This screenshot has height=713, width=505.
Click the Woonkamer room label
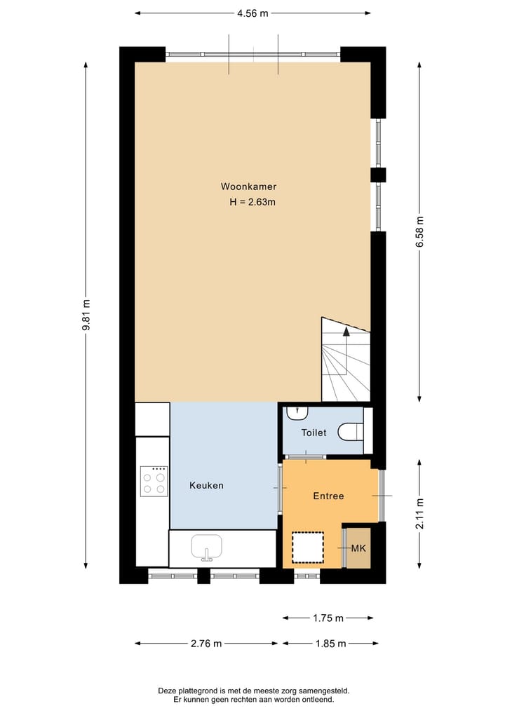tap(248, 186)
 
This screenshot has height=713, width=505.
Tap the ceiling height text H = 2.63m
tap(251, 202)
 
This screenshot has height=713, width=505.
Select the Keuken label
tap(206, 485)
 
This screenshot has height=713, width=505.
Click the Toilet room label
tap(314, 433)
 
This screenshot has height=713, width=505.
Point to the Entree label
tap(328, 496)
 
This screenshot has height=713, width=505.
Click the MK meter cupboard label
tap(358, 548)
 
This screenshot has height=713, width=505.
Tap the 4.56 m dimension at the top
tap(252, 13)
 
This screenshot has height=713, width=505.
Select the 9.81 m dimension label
tap(86, 315)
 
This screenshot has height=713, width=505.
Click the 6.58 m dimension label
tap(419, 231)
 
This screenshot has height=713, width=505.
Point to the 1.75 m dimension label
tap(328, 618)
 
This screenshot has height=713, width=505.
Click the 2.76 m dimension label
tap(206, 643)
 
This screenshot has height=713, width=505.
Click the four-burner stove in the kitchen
tap(154, 482)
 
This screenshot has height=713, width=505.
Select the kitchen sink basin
tap(206, 546)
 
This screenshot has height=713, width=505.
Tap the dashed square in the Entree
tap(308, 548)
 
